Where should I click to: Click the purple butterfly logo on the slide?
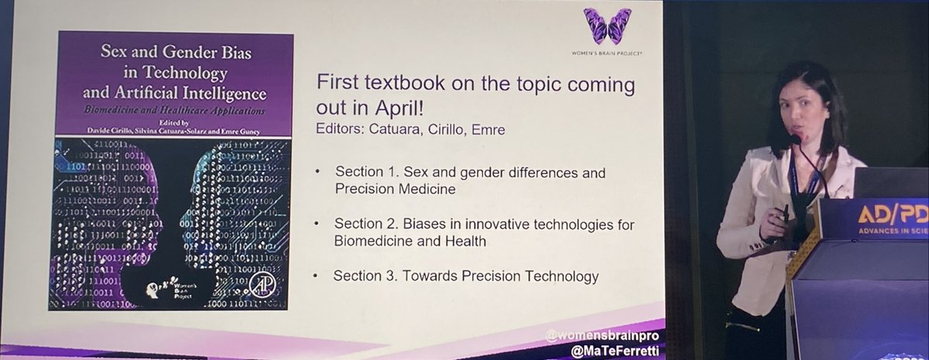click(607, 26)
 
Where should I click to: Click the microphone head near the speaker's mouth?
click(794, 139)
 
